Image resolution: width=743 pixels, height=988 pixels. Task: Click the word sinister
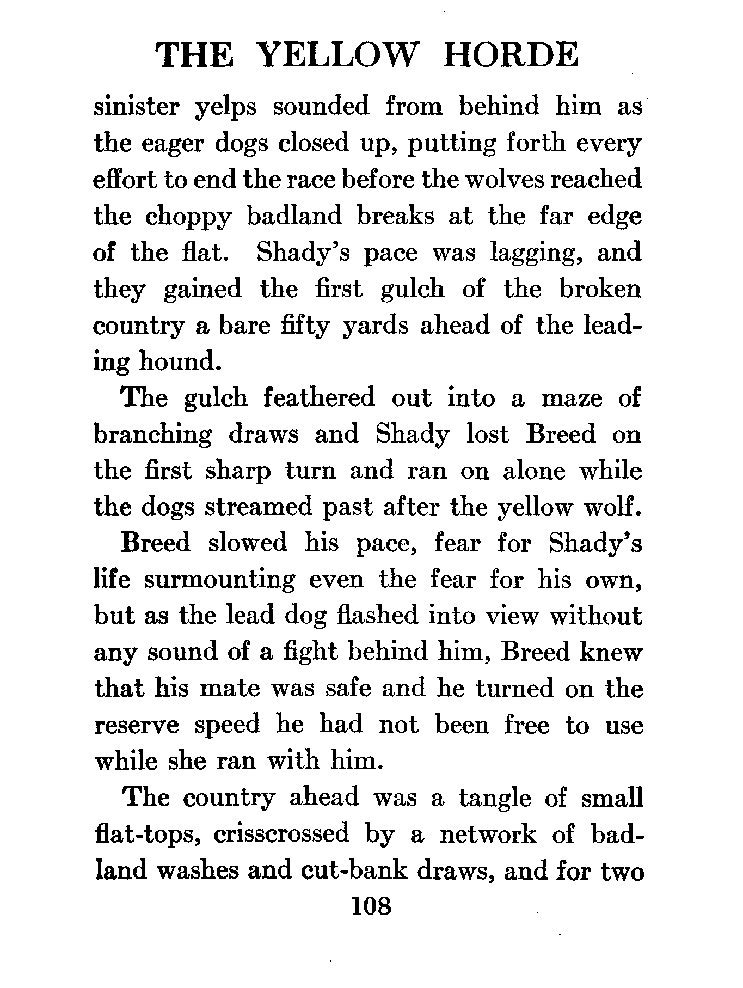pyautogui.click(x=136, y=107)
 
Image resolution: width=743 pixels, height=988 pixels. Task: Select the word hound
pyautogui.click(x=181, y=362)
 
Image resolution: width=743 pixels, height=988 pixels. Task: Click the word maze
pyautogui.click(x=572, y=399)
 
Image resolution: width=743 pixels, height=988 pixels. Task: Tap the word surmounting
pyautogui.click(x=219, y=580)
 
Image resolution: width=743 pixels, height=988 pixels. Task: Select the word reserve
pyautogui.click(x=137, y=726)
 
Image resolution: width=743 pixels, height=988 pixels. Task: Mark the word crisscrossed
pyautogui.click(x=281, y=834)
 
